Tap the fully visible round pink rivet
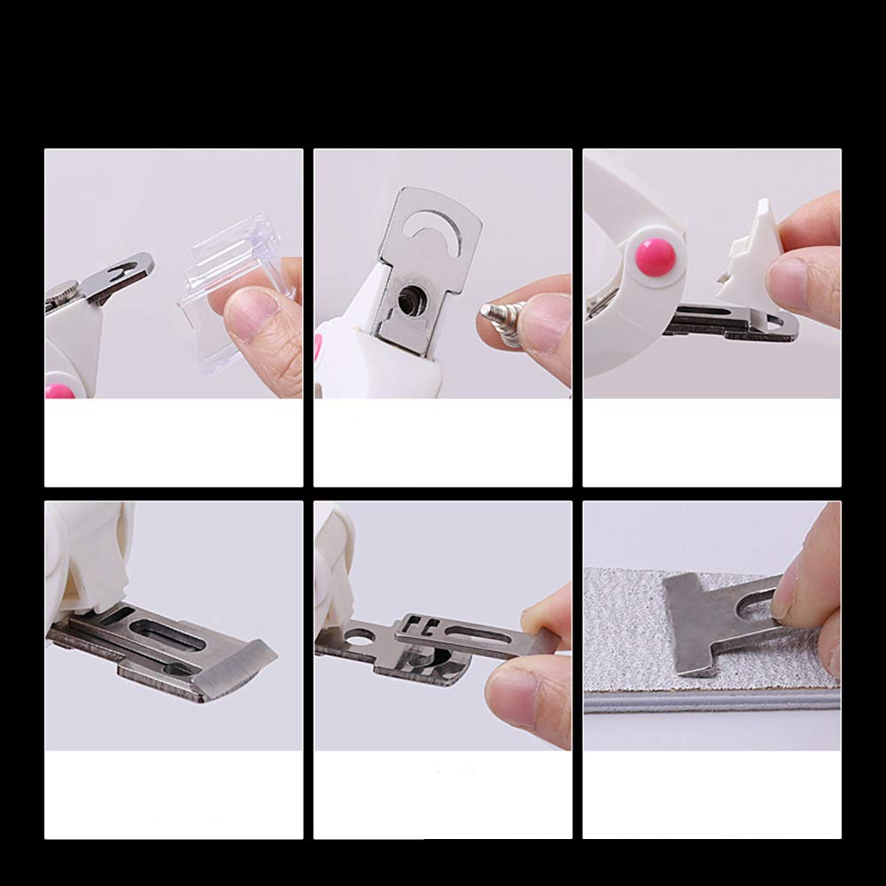[x=656, y=256]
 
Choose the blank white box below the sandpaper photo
[x=711, y=794]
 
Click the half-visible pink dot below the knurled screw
[x=61, y=390]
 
